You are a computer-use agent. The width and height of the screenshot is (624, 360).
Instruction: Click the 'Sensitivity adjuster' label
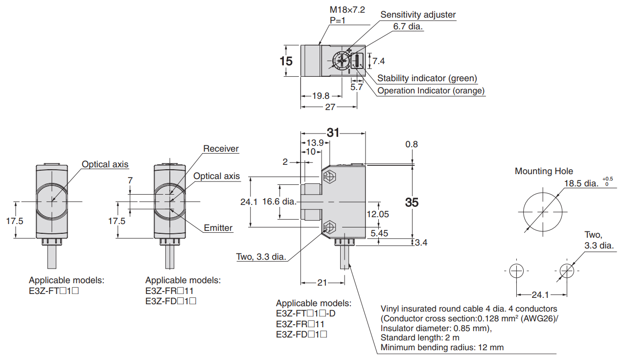pos(418,15)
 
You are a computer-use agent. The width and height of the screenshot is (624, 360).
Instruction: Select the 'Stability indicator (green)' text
pos(427,78)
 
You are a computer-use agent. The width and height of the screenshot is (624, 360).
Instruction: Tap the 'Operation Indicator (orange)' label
pos(431,90)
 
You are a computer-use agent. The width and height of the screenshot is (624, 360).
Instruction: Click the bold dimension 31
pos(333,133)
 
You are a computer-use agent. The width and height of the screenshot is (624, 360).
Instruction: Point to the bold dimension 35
pos(412,202)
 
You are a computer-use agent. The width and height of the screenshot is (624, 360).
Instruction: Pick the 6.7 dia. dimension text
pos(408,26)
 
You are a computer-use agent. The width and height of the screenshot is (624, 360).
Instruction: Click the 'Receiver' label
pos(221,149)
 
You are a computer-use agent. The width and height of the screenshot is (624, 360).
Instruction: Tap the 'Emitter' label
pos(218,228)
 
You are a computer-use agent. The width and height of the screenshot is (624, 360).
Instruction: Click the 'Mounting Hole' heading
pos(544,171)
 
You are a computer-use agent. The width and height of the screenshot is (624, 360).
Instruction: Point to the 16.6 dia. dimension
pos(279,202)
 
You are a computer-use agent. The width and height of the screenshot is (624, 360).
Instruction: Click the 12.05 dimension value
pos(378,214)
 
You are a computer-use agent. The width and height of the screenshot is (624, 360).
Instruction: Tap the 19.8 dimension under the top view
pos(321,96)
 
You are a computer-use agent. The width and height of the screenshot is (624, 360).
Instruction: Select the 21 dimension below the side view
pos(322,283)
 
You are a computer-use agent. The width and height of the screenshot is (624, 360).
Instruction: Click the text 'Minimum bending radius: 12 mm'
pos(442,348)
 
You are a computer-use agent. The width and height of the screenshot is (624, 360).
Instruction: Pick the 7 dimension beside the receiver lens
pos(130,180)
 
